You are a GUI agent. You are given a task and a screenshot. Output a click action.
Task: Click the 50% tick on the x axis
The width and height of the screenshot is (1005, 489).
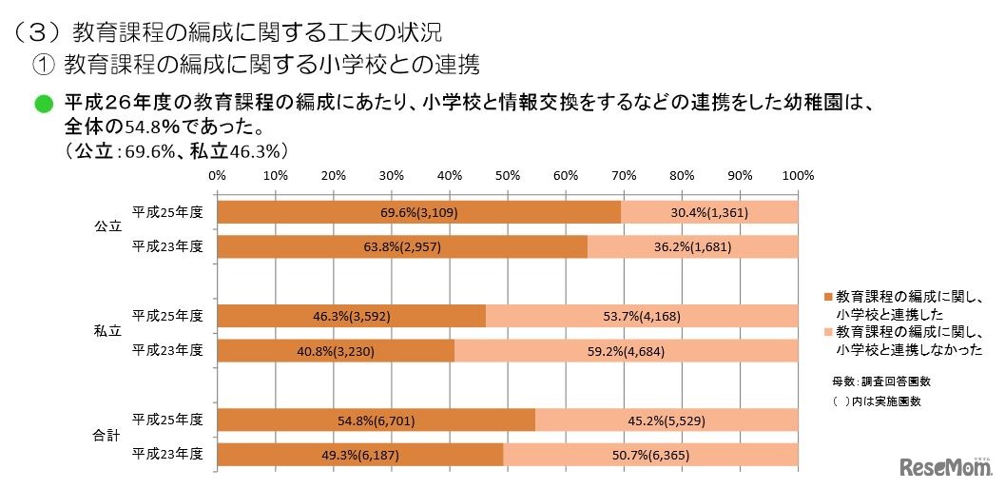click(508, 175)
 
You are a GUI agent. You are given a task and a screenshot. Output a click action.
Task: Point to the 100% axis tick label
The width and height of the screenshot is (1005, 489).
click(797, 175)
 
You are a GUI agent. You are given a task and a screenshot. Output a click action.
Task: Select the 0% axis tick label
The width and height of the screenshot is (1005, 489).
click(217, 175)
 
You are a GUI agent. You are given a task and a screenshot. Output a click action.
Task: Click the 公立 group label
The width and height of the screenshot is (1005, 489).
click(107, 228)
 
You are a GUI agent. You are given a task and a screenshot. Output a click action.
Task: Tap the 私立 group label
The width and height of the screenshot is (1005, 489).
click(107, 332)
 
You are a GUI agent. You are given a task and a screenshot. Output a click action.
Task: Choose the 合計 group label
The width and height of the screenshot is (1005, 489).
click(107, 436)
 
